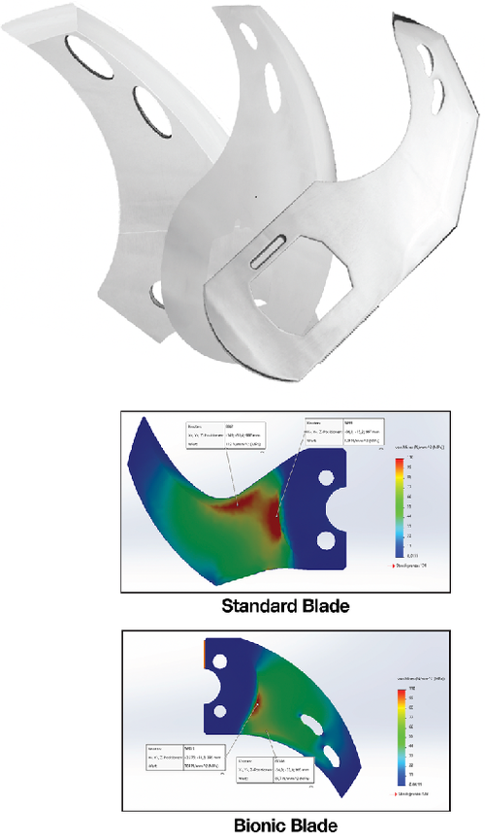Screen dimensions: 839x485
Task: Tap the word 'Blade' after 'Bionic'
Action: tap(314, 825)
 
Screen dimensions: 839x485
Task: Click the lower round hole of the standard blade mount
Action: tap(328, 538)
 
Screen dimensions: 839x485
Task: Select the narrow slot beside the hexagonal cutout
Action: tap(269, 249)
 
